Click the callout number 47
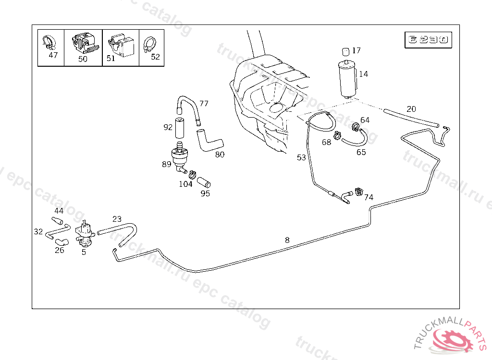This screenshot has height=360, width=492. tap(53, 55)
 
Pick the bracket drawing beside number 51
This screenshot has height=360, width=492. tap(121, 44)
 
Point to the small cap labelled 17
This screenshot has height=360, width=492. tap(345, 51)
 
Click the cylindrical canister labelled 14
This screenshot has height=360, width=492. tap(347, 79)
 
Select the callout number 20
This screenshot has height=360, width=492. tap(411, 109)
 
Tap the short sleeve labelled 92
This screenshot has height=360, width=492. tap(179, 127)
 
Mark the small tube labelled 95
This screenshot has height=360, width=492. tap(204, 182)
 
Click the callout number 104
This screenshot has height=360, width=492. tap(185, 184)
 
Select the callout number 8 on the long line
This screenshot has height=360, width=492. tap(287, 240)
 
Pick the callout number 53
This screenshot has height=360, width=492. tap(301, 157)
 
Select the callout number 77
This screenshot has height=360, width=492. tap(204, 104)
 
